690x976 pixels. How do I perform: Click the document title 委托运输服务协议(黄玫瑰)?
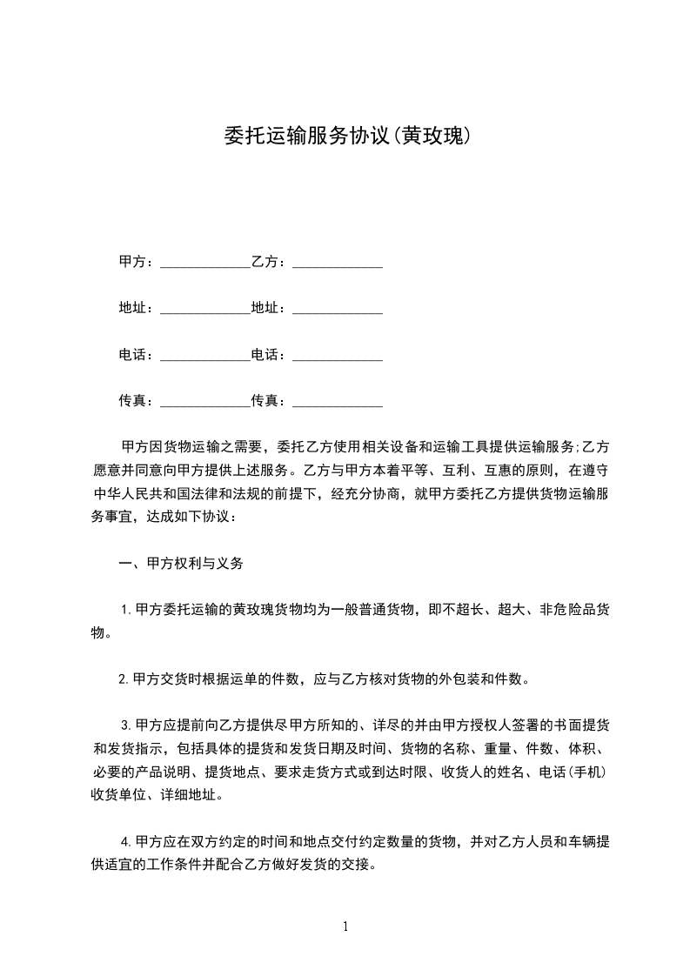coord(345,137)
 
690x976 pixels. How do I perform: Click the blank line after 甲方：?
coord(205,264)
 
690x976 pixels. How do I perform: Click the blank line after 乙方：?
coord(338,264)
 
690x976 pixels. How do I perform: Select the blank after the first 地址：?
coord(205,310)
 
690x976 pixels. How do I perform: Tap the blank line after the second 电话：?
coord(338,356)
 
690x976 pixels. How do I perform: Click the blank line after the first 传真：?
coord(205,402)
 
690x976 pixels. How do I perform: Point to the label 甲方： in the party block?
coord(137,262)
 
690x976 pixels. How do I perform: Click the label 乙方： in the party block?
coord(270,262)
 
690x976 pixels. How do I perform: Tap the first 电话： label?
coord(137,354)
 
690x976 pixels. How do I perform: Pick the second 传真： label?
coord(270,400)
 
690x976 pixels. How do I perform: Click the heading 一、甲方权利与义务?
coord(181,563)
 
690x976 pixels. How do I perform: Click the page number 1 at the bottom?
coord(345,926)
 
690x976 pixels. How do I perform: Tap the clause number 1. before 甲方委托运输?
coord(127,610)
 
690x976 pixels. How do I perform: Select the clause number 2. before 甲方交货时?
coord(124,679)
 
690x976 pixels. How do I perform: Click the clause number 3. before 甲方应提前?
coord(127,725)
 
